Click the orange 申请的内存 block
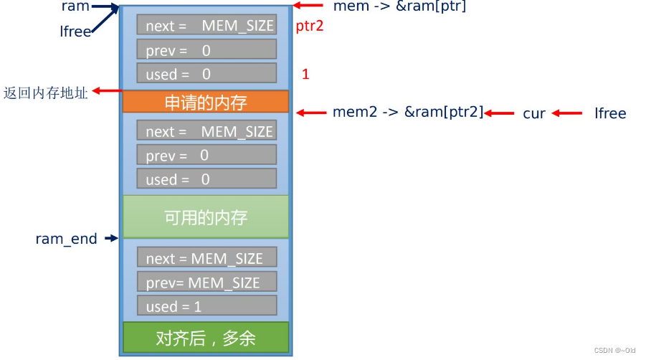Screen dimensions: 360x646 (x=206, y=102)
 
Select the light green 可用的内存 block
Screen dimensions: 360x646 (x=206, y=217)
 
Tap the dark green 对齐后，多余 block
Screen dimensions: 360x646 (x=206, y=337)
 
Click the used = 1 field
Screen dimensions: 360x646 (x=206, y=305)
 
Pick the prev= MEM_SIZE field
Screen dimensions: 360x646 (x=206, y=282)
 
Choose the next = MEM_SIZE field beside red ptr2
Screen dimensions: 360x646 (x=206, y=25)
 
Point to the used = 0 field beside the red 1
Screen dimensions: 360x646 (x=206, y=73)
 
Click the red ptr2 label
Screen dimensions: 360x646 (x=310, y=27)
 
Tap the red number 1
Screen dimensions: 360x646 (x=305, y=73)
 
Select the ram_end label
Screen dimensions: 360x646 (x=66, y=239)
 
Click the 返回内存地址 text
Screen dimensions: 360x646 (x=45, y=93)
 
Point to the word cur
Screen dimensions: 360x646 (x=534, y=113)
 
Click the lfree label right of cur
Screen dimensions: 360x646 (x=610, y=113)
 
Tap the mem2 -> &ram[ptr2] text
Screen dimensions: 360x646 (x=408, y=112)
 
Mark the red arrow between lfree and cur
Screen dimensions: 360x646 (x=566, y=113)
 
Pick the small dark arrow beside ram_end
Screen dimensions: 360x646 (x=111, y=238)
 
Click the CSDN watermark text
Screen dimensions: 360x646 (x=614, y=350)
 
